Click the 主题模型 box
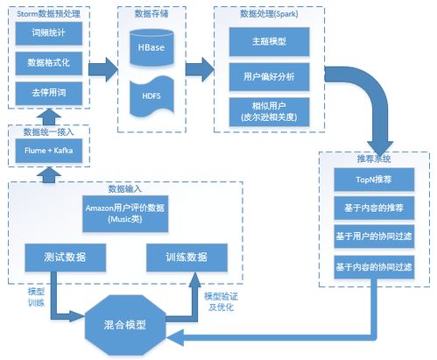269,41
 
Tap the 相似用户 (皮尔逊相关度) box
269,111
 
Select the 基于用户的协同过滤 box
373,237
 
